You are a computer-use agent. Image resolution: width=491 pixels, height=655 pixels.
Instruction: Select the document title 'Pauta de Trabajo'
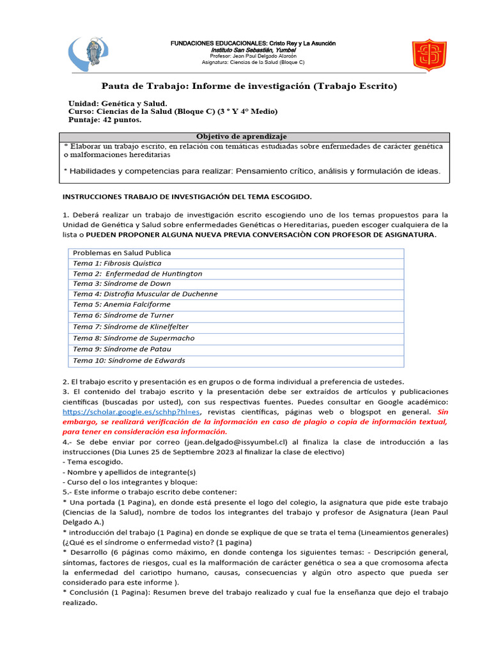pyautogui.click(x=250, y=86)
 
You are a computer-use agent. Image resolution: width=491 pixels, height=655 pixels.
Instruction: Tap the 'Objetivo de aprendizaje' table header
pyautogui.click(x=241, y=136)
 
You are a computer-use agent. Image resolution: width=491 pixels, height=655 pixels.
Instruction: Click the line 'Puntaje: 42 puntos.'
pyautogui.click(x=105, y=120)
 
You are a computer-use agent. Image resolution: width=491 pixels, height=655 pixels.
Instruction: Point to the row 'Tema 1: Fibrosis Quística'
pyautogui.click(x=117, y=263)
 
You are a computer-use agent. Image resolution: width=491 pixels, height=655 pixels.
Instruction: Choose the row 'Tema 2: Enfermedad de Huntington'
pyautogui.click(x=137, y=273)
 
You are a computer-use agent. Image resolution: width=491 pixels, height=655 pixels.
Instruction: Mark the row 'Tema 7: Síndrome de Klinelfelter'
pyautogui.click(x=132, y=327)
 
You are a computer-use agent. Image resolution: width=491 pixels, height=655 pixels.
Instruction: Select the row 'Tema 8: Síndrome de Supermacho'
pyautogui.click(x=134, y=338)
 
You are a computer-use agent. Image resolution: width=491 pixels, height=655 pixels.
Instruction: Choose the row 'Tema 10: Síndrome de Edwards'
pyautogui.click(x=129, y=361)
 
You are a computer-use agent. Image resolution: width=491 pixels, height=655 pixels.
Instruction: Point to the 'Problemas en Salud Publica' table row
pyautogui.click(x=121, y=253)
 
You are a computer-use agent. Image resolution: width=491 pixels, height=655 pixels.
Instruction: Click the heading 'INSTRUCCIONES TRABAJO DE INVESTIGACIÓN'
pyautogui.click(x=187, y=196)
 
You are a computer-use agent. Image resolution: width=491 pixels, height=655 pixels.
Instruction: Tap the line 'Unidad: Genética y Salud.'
pyautogui.click(x=118, y=103)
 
